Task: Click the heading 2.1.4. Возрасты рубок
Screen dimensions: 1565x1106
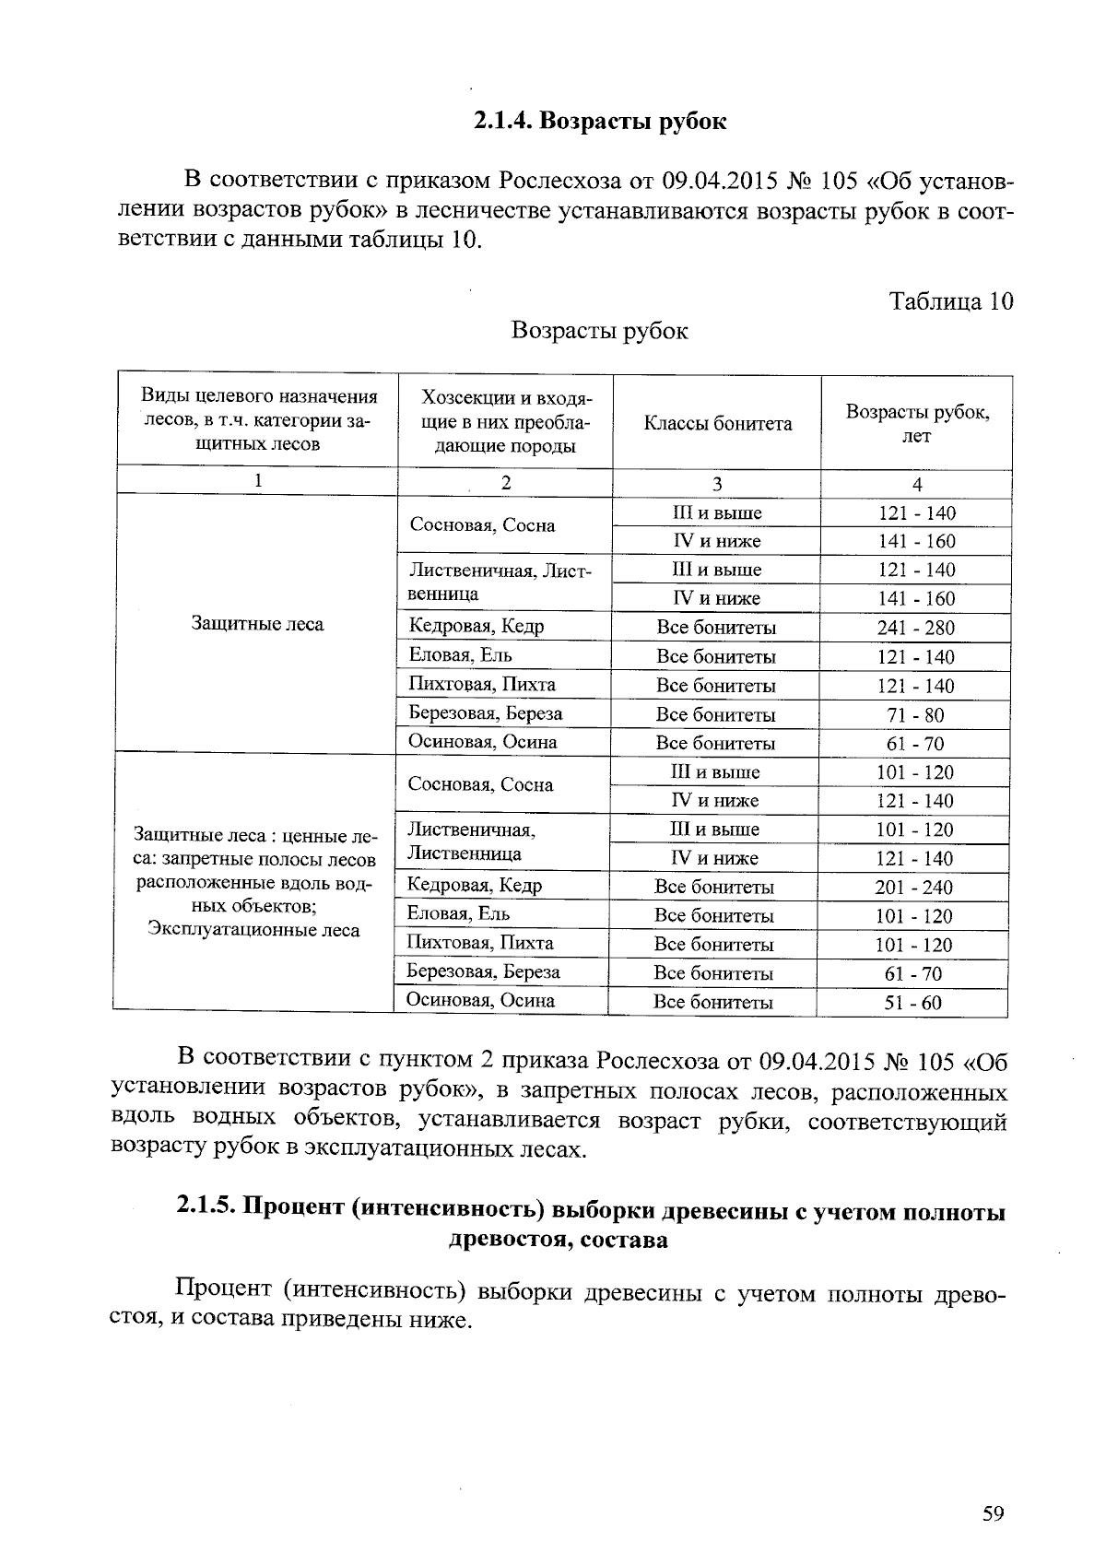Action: (600, 121)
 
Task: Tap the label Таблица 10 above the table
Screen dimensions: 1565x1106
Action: (950, 301)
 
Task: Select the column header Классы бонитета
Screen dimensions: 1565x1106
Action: (717, 424)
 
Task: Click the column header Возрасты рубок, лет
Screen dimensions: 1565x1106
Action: (917, 424)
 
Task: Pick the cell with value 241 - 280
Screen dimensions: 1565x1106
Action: (916, 628)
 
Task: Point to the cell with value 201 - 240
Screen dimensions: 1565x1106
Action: (914, 888)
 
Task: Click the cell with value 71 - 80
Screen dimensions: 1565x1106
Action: (916, 714)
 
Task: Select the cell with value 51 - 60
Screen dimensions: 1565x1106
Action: (913, 1003)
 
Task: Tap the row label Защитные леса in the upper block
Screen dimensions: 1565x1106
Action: (257, 624)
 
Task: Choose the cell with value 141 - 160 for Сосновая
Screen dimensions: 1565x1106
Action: (916, 541)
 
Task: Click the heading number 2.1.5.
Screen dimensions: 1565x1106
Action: (206, 1211)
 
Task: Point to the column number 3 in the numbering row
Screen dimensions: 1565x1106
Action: (717, 483)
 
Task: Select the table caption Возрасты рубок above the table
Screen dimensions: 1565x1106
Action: (599, 331)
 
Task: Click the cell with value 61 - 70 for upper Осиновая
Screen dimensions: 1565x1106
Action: (916, 744)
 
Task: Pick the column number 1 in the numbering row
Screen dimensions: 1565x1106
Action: (259, 480)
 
